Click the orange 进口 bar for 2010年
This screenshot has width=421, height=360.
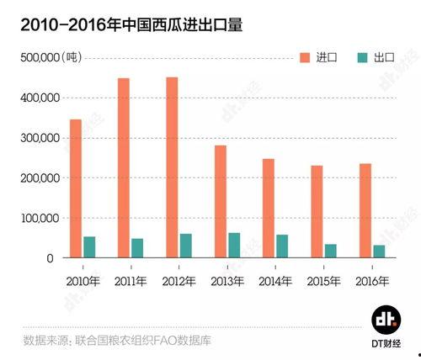point(76,188)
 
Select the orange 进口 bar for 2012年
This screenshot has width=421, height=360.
point(172,167)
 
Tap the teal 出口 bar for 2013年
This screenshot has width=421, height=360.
point(234,245)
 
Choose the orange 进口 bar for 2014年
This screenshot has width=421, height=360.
point(269,208)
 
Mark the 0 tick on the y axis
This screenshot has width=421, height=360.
point(51,259)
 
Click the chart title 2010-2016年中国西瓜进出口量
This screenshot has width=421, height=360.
point(125,24)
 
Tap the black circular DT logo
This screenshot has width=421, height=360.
point(386,320)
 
